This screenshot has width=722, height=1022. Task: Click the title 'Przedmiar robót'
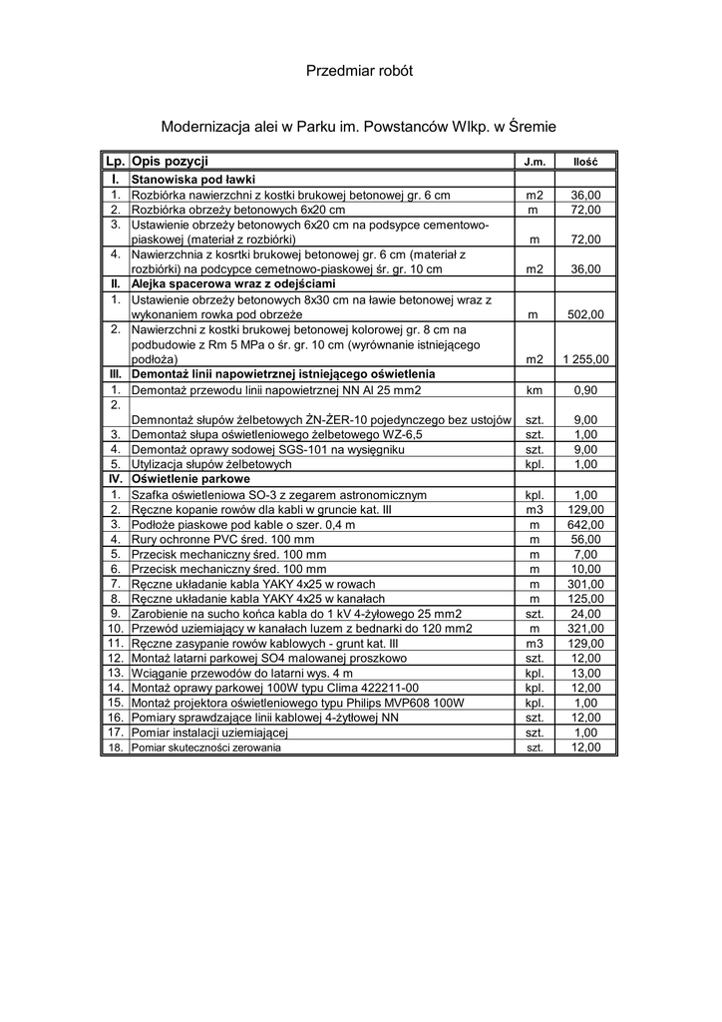(359, 71)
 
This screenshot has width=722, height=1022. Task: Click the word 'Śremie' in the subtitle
(526, 128)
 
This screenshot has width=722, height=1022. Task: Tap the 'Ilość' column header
(585, 162)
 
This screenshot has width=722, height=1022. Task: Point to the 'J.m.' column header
(534, 162)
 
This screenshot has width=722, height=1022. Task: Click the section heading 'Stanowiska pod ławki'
(185, 179)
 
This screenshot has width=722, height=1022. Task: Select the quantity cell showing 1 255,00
(585, 359)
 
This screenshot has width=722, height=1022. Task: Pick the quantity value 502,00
(585, 314)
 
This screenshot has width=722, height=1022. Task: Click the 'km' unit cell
(534, 389)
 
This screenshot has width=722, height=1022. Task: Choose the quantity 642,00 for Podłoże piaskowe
(585, 524)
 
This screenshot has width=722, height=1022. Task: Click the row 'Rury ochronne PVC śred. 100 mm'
(222, 539)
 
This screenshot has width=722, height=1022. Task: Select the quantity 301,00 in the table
(585, 584)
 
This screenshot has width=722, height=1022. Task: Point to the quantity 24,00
(585, 614)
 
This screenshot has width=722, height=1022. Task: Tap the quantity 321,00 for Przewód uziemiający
(585, 629)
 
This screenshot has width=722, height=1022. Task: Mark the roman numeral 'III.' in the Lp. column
(116, 374)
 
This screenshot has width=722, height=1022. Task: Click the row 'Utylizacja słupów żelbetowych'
(211, 464)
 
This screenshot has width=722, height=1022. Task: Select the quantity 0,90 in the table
(585, 389)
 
